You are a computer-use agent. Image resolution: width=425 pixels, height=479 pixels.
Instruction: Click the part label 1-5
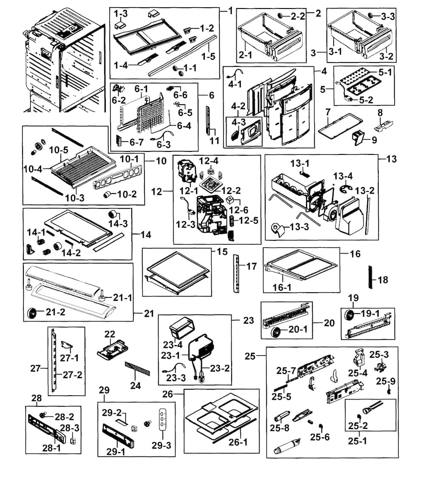tap(208, 56)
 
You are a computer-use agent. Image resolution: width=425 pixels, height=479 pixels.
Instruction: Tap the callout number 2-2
tap(297, 17)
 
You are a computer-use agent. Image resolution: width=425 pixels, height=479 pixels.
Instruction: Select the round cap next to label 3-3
tap(371, 16)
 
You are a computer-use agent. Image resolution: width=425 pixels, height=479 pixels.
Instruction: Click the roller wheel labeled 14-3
tap(113, 214)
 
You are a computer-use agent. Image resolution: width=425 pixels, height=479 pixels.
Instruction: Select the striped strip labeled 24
tap(136, 368)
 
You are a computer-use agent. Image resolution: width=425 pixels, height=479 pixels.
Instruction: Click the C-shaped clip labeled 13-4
tap(345, 188)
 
